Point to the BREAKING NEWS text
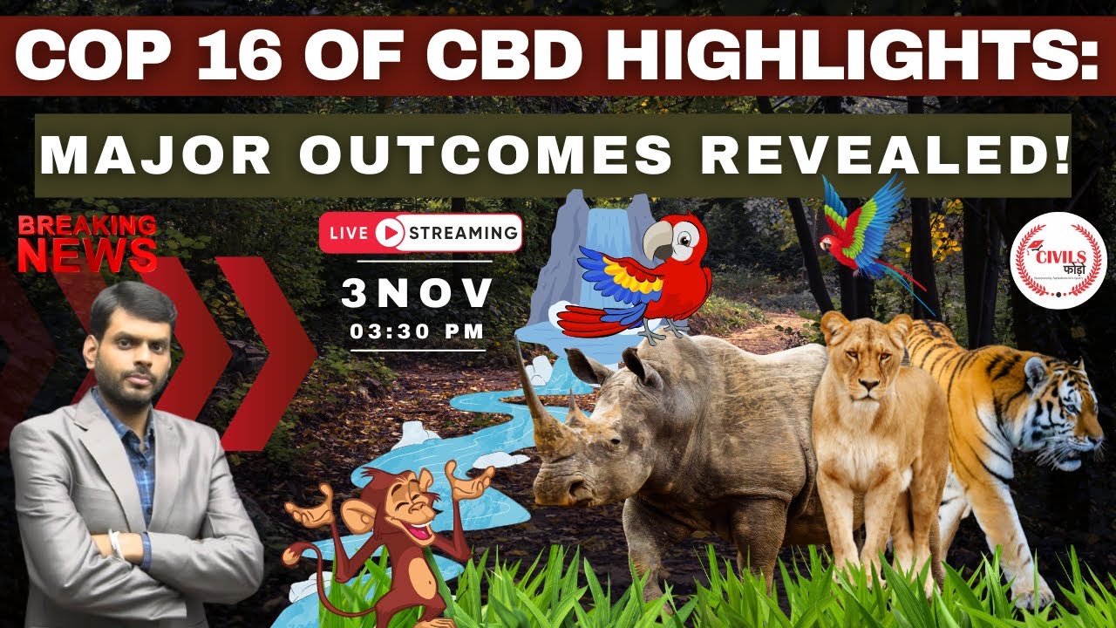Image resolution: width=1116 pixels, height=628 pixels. coord(86,242)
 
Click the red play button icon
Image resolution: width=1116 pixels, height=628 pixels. coord(391,233)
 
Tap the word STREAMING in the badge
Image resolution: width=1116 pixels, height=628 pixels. coord(462,233)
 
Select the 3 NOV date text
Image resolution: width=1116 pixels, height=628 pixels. coord(417,294)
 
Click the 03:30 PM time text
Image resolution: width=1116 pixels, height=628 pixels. coord(417,331)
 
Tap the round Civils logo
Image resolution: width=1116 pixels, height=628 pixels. coord(1058,259)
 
